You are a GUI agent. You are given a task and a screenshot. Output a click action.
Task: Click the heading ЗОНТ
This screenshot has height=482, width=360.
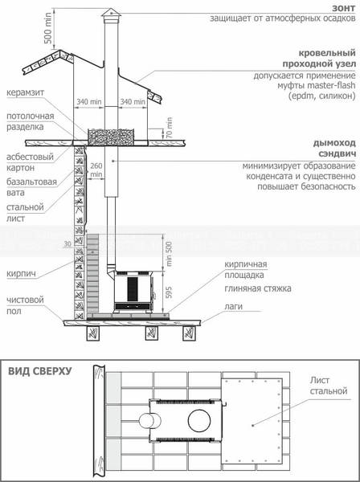pos(344,8)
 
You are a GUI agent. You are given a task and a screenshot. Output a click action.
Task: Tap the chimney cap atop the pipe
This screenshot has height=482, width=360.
pos(111,15)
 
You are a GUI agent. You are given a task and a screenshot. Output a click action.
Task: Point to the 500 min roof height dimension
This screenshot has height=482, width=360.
pos(48,28)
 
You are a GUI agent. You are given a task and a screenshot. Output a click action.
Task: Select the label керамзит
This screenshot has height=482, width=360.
pos(26,92)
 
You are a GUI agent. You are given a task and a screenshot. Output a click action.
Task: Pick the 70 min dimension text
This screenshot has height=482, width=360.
pos(169,128)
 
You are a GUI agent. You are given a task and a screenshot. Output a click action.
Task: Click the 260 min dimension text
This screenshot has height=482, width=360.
pos(96,170)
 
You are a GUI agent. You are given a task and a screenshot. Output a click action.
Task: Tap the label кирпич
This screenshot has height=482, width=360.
pos(21,273)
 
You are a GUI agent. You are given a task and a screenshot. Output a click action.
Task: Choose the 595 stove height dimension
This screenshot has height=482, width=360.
pos(169,292)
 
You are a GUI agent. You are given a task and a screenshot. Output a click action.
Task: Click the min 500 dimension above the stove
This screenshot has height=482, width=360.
pos(169,254)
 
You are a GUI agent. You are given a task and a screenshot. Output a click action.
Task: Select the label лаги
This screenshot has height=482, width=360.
pos(233,306)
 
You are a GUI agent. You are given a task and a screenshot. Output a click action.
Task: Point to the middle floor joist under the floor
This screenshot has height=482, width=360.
pos(151,333)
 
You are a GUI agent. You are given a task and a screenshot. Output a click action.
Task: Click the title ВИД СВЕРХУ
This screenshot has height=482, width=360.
pos(39,371)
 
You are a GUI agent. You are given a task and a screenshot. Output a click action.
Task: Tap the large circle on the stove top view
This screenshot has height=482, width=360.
pos(199,420)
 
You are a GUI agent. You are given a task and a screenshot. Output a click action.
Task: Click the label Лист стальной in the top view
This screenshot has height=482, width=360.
pos(329,386)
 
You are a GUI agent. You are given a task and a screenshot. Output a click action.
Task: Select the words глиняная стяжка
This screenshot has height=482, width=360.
pos(258,288)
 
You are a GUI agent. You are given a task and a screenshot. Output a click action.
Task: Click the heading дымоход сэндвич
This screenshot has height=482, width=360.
pos(334,149)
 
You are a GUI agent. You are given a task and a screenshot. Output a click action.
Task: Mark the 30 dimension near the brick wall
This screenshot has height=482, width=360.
pos(67,244)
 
